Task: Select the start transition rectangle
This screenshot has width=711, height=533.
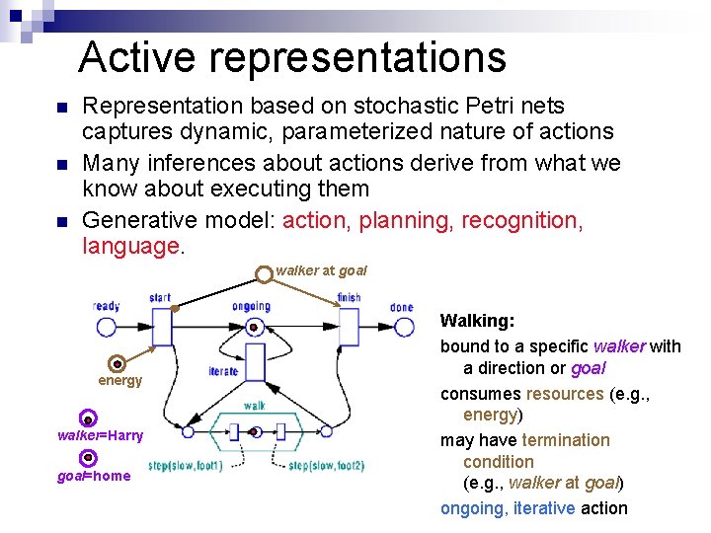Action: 162,326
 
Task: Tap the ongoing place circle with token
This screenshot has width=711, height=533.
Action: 253,327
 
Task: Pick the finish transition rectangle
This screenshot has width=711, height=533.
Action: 349,327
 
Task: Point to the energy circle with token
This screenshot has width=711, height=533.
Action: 117,363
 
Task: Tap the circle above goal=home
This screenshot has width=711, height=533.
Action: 88,458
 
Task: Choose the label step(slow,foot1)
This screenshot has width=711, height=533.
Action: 186,466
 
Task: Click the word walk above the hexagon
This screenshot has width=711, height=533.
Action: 254,406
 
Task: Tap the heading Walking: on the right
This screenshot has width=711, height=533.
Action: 477,321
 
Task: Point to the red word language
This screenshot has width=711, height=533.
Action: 130,245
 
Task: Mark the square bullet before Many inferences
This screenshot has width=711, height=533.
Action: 61,164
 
